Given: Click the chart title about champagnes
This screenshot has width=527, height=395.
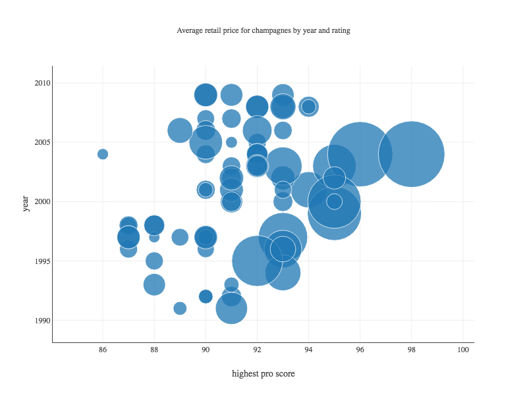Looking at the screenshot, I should [x=263, y=31].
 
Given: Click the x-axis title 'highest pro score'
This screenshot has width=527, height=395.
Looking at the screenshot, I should [x=263, y=374].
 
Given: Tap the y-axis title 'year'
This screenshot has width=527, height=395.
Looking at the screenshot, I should [x=26, y=203].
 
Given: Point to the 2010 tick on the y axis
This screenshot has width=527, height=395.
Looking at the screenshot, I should [x=43, y=83].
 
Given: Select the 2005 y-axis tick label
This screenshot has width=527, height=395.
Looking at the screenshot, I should [x=43, y=142].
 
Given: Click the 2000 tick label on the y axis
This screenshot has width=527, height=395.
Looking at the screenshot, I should [x=43, y=201].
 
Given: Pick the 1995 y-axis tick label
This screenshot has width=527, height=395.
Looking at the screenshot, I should [x=43, y=261].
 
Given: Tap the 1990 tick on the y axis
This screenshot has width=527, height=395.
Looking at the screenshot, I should [x=43, y=321].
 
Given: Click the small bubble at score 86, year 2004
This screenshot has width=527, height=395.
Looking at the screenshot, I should [x=103, y=154].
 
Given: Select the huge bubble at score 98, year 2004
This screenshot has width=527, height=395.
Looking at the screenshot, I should [x=411, y=154].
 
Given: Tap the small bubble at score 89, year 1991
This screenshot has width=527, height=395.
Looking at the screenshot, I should [x=180, y=308].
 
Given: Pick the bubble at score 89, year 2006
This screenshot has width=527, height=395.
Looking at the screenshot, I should [x=180, y=130].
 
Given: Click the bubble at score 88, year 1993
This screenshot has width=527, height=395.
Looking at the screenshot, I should [x=154, y=285].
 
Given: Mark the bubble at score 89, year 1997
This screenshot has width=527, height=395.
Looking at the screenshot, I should [x=180, y=237].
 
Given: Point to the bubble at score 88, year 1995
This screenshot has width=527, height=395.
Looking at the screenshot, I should [x=154, y=261].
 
